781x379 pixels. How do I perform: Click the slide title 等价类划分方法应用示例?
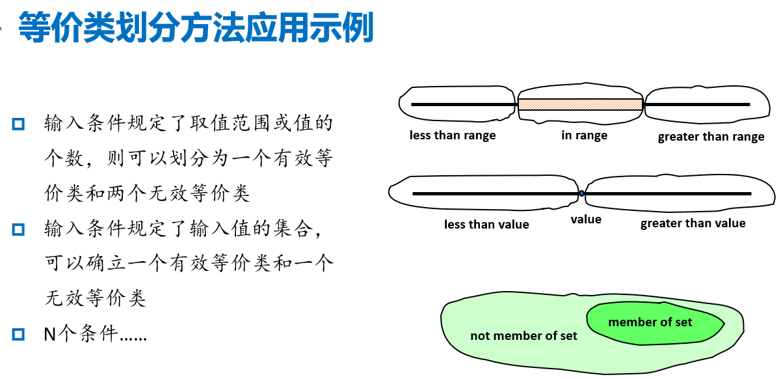(195, 27)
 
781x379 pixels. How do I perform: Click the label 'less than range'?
(453, 135)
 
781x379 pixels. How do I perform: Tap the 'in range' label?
(584, 135)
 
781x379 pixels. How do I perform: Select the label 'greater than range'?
(711, 137)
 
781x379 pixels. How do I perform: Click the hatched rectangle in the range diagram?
(580, 104)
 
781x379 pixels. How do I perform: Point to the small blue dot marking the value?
(581, 193)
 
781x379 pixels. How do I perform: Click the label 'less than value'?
(486, 225)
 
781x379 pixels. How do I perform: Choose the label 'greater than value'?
(693, 223)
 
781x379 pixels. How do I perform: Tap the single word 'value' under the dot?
(586, 219)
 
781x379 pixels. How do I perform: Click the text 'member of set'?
(650, 322)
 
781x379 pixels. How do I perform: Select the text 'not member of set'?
(523, 336)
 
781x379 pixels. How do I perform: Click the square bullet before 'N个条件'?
(18, 335)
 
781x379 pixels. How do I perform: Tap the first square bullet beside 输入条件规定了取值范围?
(18, 123)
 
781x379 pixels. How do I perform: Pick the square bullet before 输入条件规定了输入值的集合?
(18, 229)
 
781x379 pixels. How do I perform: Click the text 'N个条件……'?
(95, 335)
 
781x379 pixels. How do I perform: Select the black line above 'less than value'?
(494, 193)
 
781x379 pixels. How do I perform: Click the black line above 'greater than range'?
(696, 104)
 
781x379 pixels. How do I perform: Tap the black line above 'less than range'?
(463, 104)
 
